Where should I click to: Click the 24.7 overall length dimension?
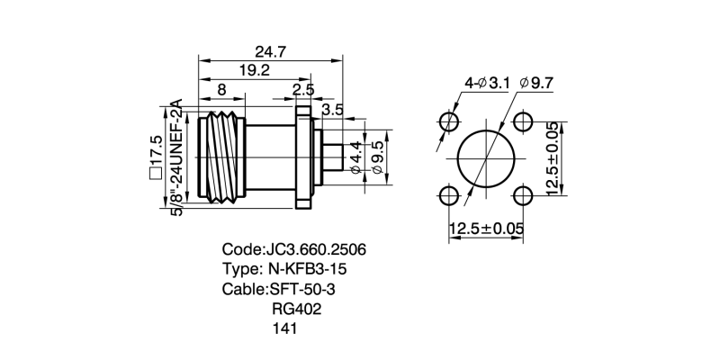point(270,52)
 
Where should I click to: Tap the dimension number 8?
point(221,90)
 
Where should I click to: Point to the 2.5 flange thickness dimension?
point(303,90)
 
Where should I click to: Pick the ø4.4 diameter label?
point(355,157)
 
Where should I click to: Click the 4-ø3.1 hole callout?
point(487,83)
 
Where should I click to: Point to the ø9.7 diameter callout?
point(536,83)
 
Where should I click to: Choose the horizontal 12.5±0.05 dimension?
point(486,229)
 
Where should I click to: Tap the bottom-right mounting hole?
point(523,195)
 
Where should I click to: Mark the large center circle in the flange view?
point(486,159)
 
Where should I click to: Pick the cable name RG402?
point(296,309)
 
